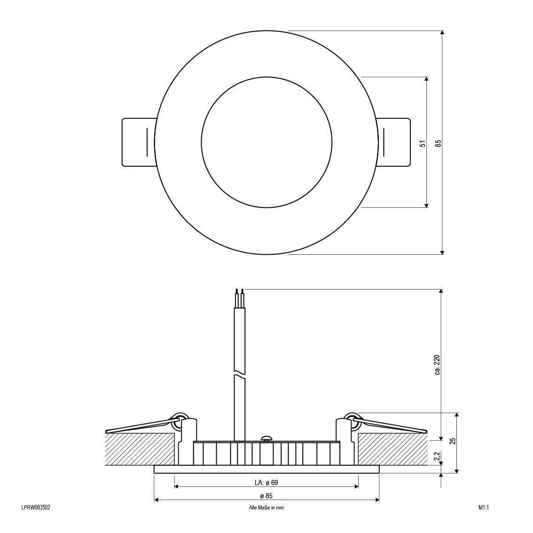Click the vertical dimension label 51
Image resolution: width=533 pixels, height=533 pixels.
(x=423, y=143)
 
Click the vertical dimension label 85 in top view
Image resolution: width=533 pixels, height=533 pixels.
(x=438, y=143)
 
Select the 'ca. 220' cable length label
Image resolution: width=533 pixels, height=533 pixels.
(x=437, y=365)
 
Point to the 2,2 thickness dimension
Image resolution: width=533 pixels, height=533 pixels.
(x=437, y=456)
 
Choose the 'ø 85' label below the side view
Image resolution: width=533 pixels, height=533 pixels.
(x=266, y=495)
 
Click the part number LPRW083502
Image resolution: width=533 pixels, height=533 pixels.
(x=36, y=508)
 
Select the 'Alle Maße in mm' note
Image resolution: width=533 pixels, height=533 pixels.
(x=266, y=508)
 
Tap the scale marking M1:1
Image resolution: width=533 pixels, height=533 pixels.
(x=484, y=508)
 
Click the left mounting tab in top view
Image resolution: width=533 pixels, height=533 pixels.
(x=138, y=142)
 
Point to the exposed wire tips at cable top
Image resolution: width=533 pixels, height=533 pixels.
(x=240, y=293)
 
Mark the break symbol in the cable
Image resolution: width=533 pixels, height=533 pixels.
(x=240, y=376)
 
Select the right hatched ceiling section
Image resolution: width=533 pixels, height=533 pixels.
(x=393, y=449)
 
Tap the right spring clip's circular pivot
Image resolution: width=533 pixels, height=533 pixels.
(x=351, y=420)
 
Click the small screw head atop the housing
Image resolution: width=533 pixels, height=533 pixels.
(x=266, y=438)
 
